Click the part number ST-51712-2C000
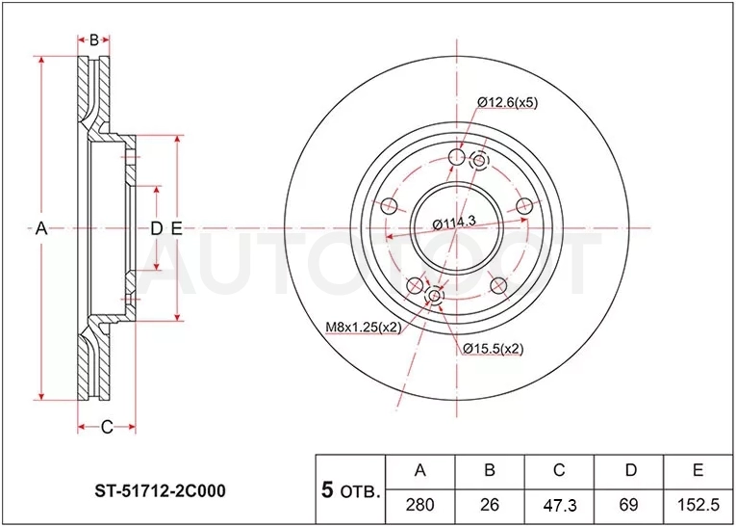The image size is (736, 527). coord(160,490)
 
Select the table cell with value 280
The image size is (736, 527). coord(419,506)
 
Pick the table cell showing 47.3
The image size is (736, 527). coord(559,506)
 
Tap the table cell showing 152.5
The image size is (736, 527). coord(698,506)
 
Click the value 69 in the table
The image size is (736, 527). coord(628,506)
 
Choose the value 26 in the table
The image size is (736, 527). coord(489,506)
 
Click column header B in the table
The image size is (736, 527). coord(489,471)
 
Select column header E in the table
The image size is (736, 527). coord(698,471)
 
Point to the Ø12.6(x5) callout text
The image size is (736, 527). coord(507,102)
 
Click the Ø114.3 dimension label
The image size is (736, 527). coord(454,224)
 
